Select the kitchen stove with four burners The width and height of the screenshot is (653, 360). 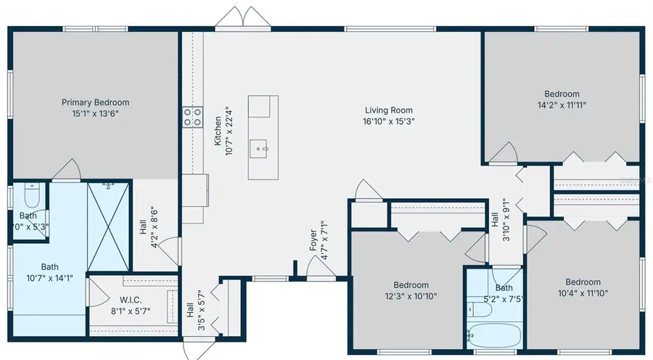coord(192,117)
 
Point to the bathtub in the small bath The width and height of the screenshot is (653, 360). coord(493,336)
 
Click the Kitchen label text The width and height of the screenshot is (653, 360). coord(218,131)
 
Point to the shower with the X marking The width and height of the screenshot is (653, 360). coord(107,226)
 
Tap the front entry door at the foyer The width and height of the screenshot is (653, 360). coord(320,270)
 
